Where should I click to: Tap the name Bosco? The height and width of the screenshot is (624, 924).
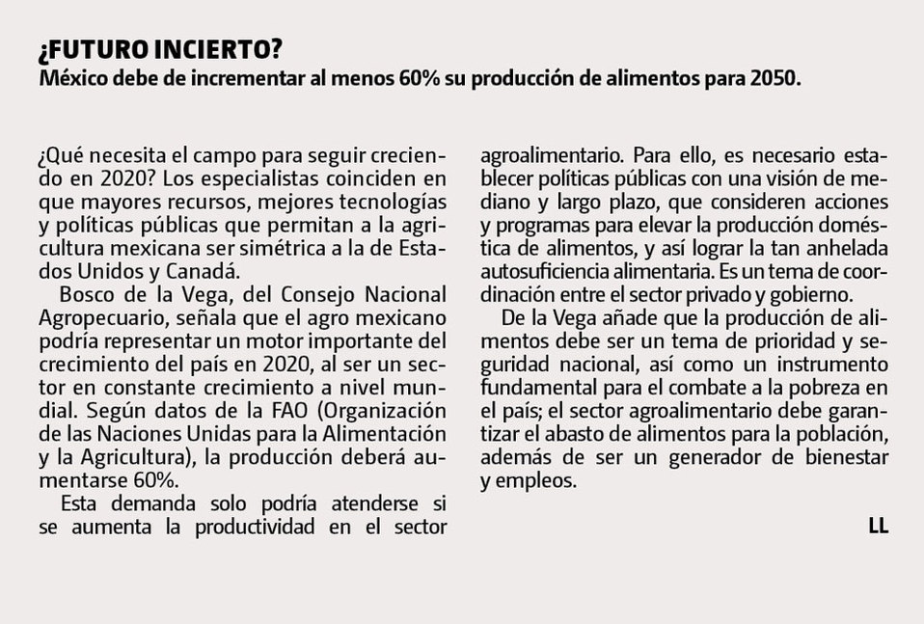click(x=84, y=293)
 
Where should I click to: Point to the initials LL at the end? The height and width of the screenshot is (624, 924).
click(x=877, y=525)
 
